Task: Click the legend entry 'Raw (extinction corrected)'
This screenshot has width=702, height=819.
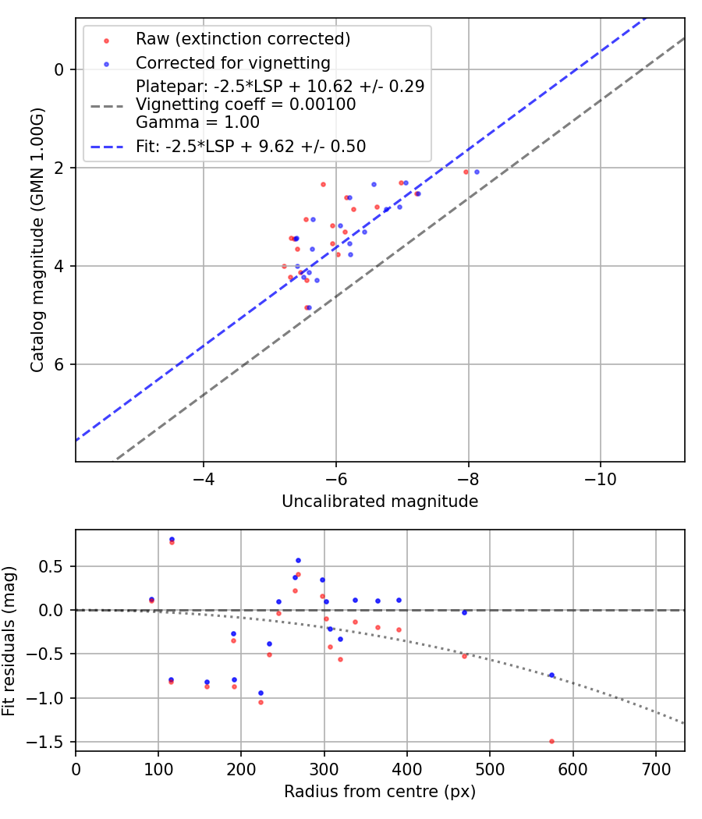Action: point(243,39)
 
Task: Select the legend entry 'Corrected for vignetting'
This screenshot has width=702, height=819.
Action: point(233,62)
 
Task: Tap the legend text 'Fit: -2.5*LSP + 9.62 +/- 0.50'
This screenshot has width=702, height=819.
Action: point(250,146)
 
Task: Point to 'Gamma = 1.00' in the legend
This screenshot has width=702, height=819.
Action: point(197,122)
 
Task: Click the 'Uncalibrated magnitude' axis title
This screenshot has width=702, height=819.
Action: point(380,502)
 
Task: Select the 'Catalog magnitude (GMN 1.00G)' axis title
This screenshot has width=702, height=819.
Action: point(37,239)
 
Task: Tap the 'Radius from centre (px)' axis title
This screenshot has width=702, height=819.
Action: point(380,792)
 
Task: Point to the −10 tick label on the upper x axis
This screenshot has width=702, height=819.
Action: point(601,475)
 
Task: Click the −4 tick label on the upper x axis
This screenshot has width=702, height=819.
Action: point(204,475)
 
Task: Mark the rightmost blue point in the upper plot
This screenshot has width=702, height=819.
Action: point(477,172)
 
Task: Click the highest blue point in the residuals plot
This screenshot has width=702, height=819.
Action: point(172,539)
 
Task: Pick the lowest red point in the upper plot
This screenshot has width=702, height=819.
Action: point(307,307)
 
